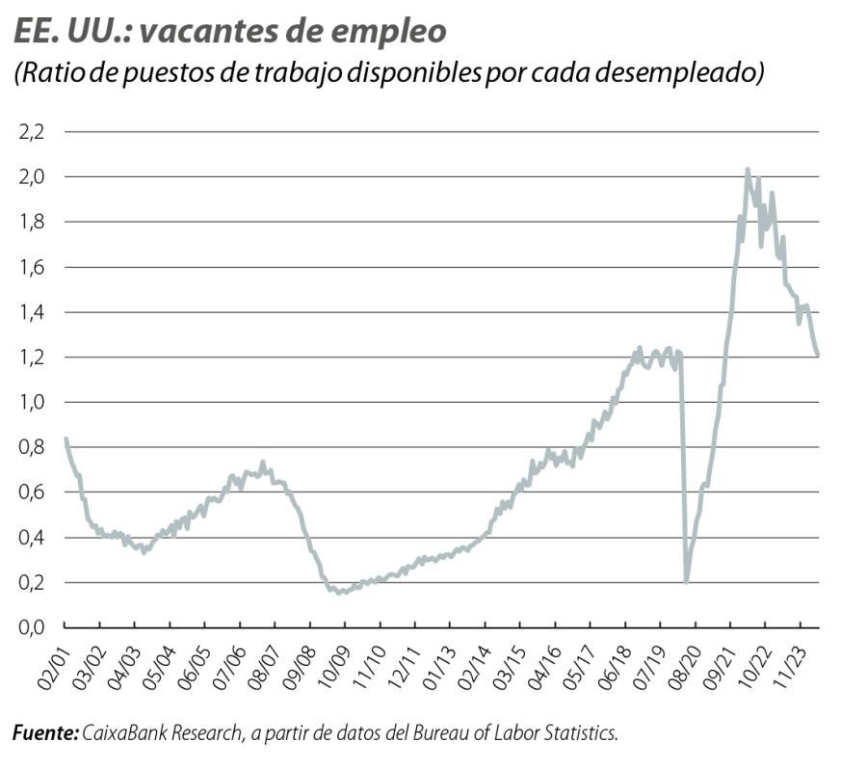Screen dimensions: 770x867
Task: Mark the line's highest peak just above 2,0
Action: pyautogui.click(x=748, y=170)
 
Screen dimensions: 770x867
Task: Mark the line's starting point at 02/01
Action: pyautogui.click(x=66, y=439)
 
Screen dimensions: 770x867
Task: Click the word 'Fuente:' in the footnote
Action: pyautogui.click(x=45, y=734)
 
